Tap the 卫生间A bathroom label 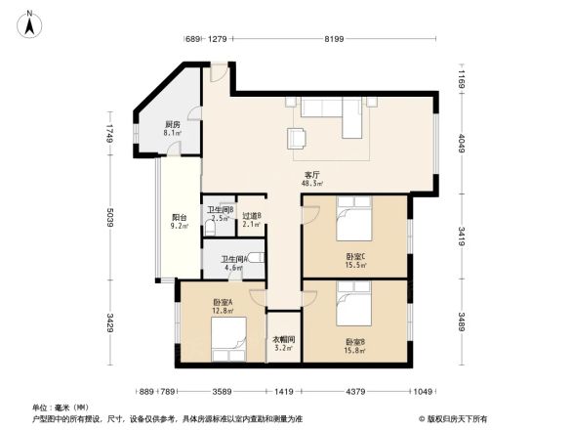(x=220, y=262)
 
